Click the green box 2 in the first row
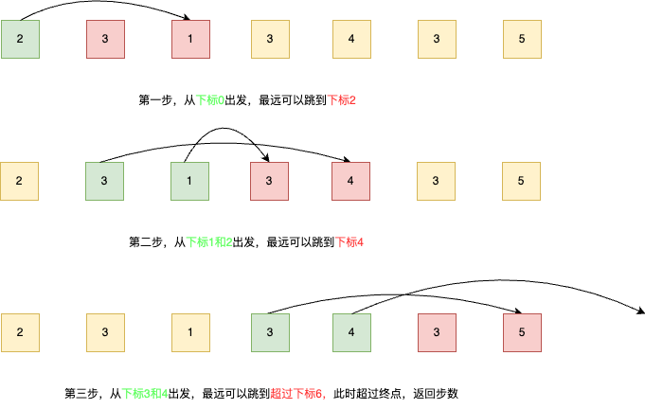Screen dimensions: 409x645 20,38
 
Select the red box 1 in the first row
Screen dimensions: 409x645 190,38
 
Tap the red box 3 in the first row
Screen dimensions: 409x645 105,38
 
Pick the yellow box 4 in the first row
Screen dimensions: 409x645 351,38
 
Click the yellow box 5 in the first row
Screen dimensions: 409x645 522,38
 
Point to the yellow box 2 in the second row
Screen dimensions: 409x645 20,180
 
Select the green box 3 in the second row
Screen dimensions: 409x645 105,180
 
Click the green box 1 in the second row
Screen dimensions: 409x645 190,180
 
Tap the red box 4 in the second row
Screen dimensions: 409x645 351,180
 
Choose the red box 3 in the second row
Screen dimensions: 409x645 269,180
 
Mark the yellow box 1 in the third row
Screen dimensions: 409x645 190,331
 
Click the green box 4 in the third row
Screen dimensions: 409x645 351,331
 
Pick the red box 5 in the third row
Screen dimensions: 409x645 522,331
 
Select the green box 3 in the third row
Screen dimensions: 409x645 269,331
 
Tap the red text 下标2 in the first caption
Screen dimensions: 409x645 340,100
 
